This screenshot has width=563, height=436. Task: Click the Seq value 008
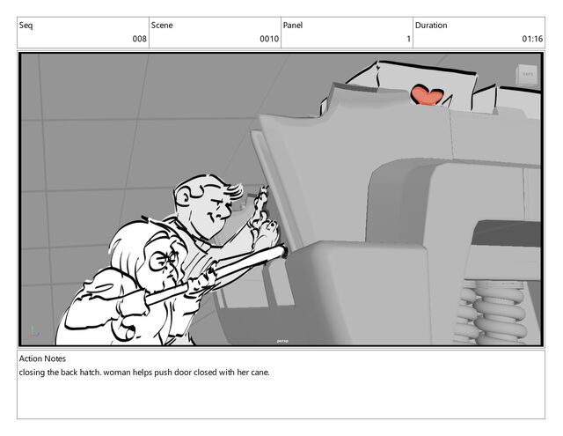(139, 39)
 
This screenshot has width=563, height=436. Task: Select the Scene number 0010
(269, 39)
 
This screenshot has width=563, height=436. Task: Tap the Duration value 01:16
(532, 39)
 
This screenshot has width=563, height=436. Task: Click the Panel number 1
(408, 39)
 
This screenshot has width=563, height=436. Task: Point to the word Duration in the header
(431, 26)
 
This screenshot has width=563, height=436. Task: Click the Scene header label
(162, 26)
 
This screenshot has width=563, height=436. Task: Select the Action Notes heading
(42, 358)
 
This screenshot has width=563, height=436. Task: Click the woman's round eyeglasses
(162, 260)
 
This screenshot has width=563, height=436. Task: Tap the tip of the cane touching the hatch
(285, 249)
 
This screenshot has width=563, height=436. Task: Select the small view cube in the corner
(527, 75)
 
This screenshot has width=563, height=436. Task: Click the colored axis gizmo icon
(33, 331)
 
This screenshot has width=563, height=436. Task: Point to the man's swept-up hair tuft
(233, 191)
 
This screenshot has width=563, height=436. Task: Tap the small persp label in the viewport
(282, 341)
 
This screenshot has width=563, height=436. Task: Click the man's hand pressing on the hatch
(265, 230)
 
